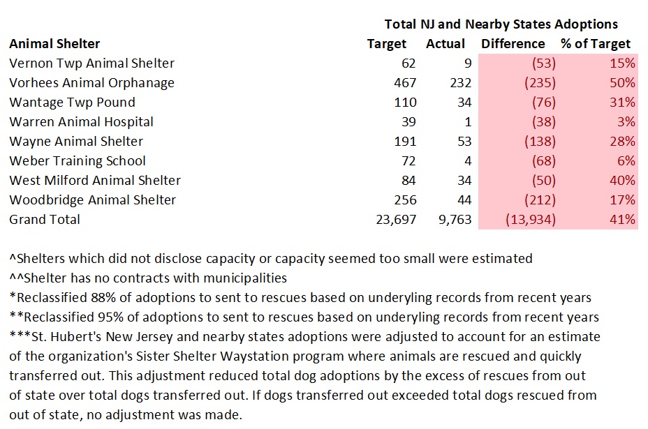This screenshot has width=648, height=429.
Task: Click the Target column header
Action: [386, 44]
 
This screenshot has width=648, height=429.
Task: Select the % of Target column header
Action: [596, 44]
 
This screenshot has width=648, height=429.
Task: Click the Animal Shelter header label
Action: [54, 44]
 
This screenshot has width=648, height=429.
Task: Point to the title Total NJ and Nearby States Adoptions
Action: [501, 24]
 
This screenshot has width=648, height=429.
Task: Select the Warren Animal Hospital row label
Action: [81, 122]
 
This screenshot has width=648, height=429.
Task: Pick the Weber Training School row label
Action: [78, 161]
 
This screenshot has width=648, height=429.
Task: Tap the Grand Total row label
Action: [45, 220]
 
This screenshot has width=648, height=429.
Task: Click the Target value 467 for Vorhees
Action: [404, 83]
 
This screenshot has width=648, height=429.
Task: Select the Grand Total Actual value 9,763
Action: [454, 220]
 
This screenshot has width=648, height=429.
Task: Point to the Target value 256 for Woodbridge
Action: [404, 200]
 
